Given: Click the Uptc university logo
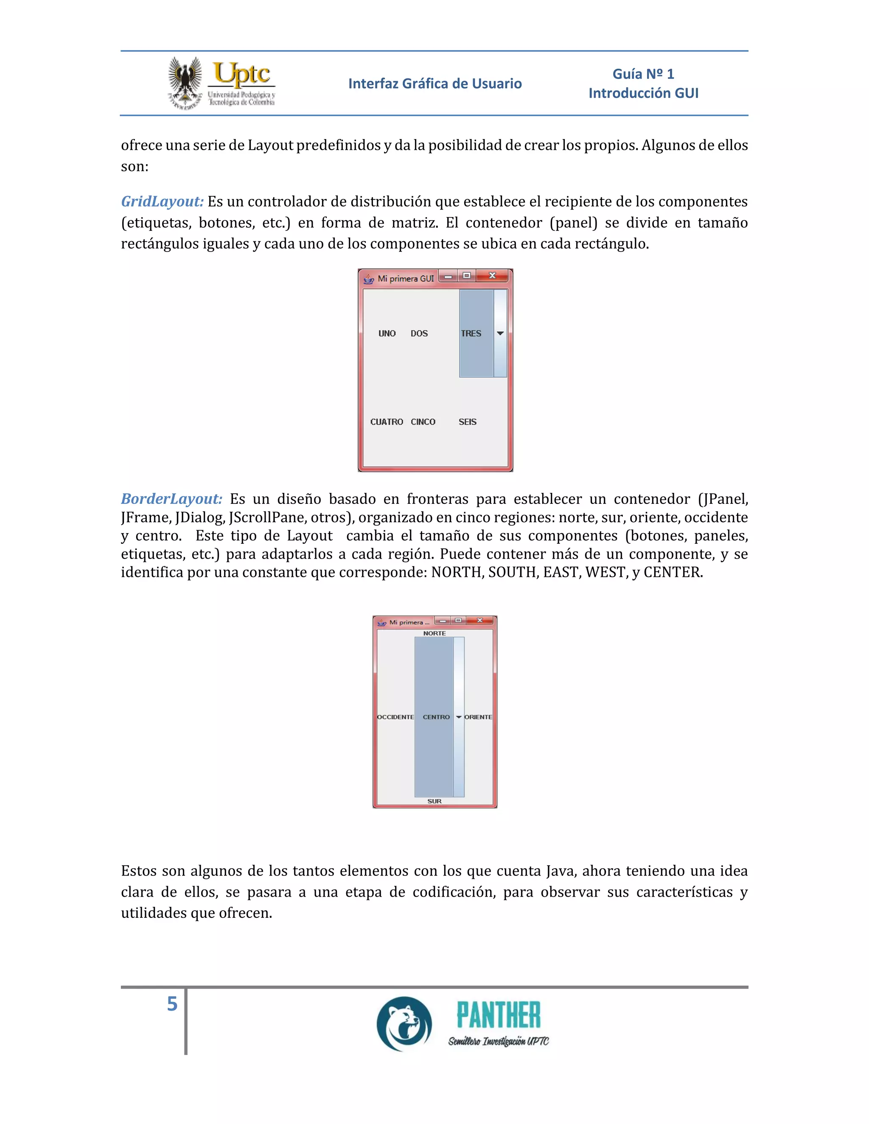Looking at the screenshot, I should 222,83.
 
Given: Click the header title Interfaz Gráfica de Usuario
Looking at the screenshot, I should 434,84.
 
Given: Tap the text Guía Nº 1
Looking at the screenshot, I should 643,74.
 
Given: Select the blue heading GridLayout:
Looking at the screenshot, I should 162,201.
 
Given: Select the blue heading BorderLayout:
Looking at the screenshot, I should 171,499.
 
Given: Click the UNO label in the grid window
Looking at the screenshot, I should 387,333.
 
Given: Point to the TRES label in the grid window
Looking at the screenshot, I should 471,333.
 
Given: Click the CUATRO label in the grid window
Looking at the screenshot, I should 386,422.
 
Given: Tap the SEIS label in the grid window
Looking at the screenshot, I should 468,422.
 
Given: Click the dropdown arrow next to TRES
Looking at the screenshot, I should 500,333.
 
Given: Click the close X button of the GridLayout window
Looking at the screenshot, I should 492,276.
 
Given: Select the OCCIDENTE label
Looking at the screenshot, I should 395,717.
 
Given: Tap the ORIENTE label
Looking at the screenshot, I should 478,717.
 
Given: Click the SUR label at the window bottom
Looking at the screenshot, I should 434,801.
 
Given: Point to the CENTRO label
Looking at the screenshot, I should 436,717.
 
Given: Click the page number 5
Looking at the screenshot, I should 172,1004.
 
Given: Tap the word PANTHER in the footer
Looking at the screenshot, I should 498,1015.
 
